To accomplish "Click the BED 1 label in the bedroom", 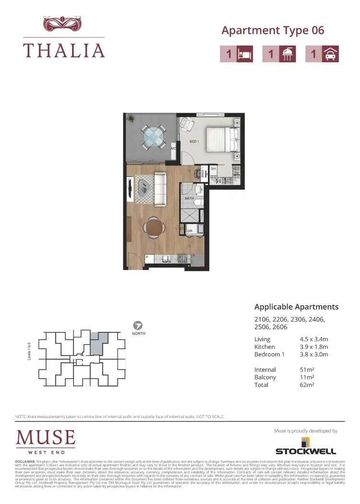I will pos(194,141).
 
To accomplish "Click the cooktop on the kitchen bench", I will pos(182,258).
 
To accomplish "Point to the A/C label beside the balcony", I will pos(173,149).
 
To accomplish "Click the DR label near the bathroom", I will pos(190,231).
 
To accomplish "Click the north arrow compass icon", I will pos(138,325).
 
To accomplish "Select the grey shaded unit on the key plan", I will pos(97,343).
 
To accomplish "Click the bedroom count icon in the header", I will pos(236,54).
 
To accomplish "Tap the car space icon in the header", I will pos(322,54).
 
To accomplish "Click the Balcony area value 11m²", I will pos(308,377).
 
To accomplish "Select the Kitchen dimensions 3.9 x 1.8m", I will pos(313,347).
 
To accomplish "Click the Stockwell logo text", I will pos(305,451).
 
